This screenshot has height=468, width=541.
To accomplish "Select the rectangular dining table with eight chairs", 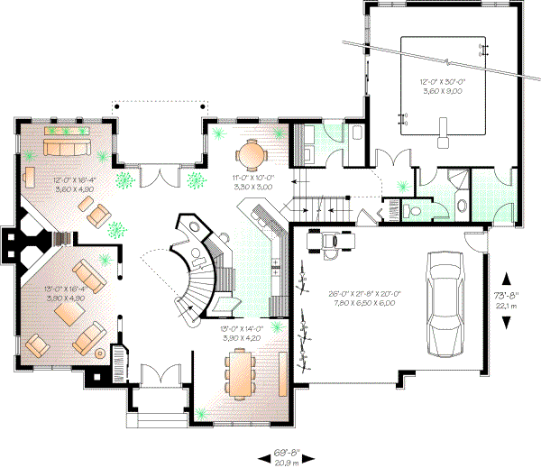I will coord(242,371).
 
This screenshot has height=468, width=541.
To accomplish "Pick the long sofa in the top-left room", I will coord(69,147).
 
